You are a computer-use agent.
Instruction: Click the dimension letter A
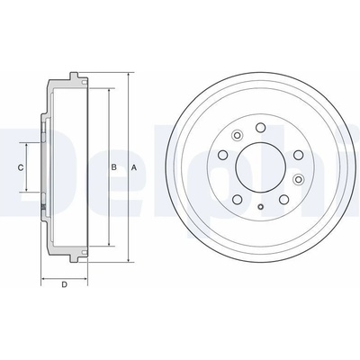point(134,167)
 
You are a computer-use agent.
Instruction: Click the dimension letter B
point(113,167)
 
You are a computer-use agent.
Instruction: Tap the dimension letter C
point(21,167)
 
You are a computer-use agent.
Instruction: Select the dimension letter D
point(64,284)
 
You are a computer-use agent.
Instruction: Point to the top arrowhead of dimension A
point(129,75)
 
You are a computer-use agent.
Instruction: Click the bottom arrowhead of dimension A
point(129,259)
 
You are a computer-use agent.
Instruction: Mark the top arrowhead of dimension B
point(109,92)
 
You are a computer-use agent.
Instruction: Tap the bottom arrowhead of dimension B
point(109,243)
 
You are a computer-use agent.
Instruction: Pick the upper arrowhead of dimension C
point(27,146)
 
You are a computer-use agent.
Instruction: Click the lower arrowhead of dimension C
point(27,188)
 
